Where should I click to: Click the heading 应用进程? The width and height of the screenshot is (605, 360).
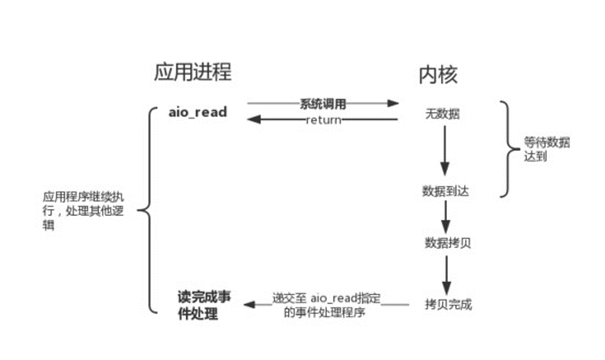click(192, 72)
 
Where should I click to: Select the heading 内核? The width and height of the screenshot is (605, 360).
click(438, 75)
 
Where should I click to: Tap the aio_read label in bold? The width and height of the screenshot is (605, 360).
click(197, 112)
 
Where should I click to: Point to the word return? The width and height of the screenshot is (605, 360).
click(323, 120)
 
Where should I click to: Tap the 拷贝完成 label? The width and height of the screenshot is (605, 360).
click(448, 304)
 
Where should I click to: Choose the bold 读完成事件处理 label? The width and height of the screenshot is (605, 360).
click(204, 305)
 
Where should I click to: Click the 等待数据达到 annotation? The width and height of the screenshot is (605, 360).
click(546, 149)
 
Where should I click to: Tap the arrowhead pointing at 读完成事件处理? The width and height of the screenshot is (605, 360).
click(248, 303)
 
